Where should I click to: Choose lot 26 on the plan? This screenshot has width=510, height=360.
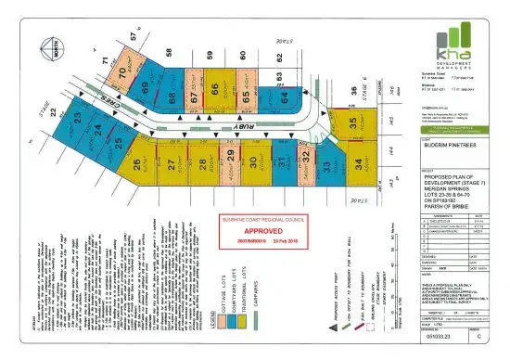click(136, 166)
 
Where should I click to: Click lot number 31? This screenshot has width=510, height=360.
click(283, 165)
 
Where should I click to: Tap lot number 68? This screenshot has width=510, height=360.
click(172, 96)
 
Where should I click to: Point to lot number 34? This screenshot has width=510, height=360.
click(357, 166)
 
